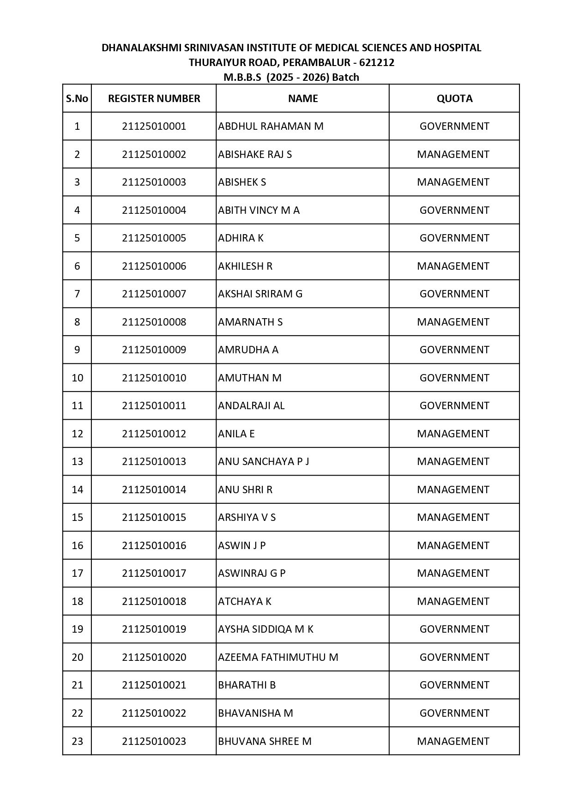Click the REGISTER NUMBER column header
point(154,98)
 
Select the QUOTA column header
point(454,98)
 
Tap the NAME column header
point(303,98)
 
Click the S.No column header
point(77,98)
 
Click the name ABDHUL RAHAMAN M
point(271,127)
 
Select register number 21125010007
point(154,294)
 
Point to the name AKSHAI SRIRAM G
point(260,294)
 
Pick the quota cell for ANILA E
point(453,434)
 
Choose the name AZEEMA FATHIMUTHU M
point(278,657)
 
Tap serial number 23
point(77,741)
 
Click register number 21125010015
point(154,517)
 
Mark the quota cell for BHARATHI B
point(454,685)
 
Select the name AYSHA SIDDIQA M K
point(265,629)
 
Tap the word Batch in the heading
point(345,77)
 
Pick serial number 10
point(77,378)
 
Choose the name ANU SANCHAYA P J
point(263,461)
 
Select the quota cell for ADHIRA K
point(454,238)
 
